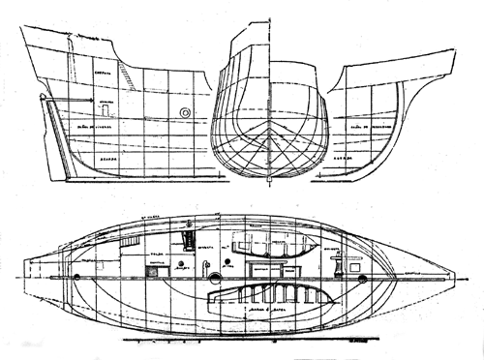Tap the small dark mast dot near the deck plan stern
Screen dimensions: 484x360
click(77, 278)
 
